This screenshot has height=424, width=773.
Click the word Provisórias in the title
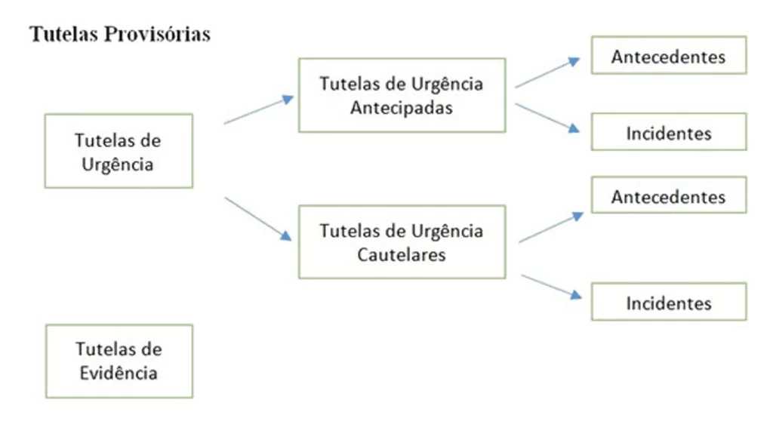coord(157,34)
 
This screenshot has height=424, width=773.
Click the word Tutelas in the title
coord(63,34)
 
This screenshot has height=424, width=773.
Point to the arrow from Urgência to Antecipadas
coord(258,110)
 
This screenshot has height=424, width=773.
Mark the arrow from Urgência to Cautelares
coord(258,219)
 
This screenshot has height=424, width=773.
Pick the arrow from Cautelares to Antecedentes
coord(551,227)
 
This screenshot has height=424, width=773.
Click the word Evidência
coord(119,373)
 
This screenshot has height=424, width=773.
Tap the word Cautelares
coord(402,254)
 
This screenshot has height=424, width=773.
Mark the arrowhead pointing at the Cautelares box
coord(286,236)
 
